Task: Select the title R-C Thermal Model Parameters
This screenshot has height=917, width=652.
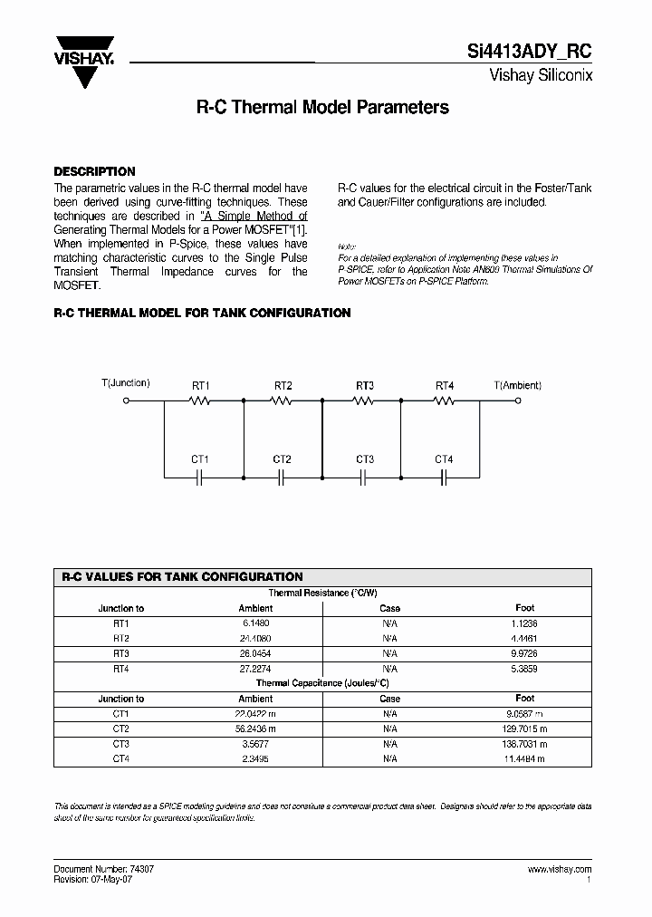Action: pyautogui.click(x=322, y=107)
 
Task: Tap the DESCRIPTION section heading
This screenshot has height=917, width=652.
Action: pyautogui.click(x=94, y=171)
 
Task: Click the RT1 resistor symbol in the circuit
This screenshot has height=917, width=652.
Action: pyautogui.click(x=201, y=401)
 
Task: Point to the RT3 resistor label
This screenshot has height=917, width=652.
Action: pyautogui.click(x=364, y=386)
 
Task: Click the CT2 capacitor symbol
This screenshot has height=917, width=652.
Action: pyautogui.click(x=282, y=476)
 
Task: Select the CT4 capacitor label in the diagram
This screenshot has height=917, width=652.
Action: pyautogui.click(x=444, y=459)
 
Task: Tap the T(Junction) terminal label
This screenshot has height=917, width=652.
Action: pyautogui.click(x=125, y=383)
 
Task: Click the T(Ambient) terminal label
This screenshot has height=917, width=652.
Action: pyautogui.click(x=518, y=385)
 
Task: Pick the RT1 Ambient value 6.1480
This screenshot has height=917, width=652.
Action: pyautogui.click(x=255, y=623)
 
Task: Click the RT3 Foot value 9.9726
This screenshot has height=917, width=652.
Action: pyautogui.click(x=525, y=652)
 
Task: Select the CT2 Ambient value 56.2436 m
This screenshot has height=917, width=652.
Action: pyautogui.click(x=255, y=729)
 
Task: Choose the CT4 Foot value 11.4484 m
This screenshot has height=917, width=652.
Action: pyautogui.click(x=525, y=758)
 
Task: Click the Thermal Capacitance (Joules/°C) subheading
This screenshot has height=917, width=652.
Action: pyautogui.click(x=322, y=683)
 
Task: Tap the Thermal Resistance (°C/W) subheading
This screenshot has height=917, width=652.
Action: pyautogui.click(x=322, y=593)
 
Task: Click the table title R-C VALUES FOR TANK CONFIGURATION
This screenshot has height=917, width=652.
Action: pyautogui.click(x=182, y=577)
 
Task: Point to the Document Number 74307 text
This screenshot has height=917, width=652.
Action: pyautogui.click(x=98, y=869)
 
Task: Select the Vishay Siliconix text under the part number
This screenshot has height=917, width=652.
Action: pyautogui.click(x=541, y=76)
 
